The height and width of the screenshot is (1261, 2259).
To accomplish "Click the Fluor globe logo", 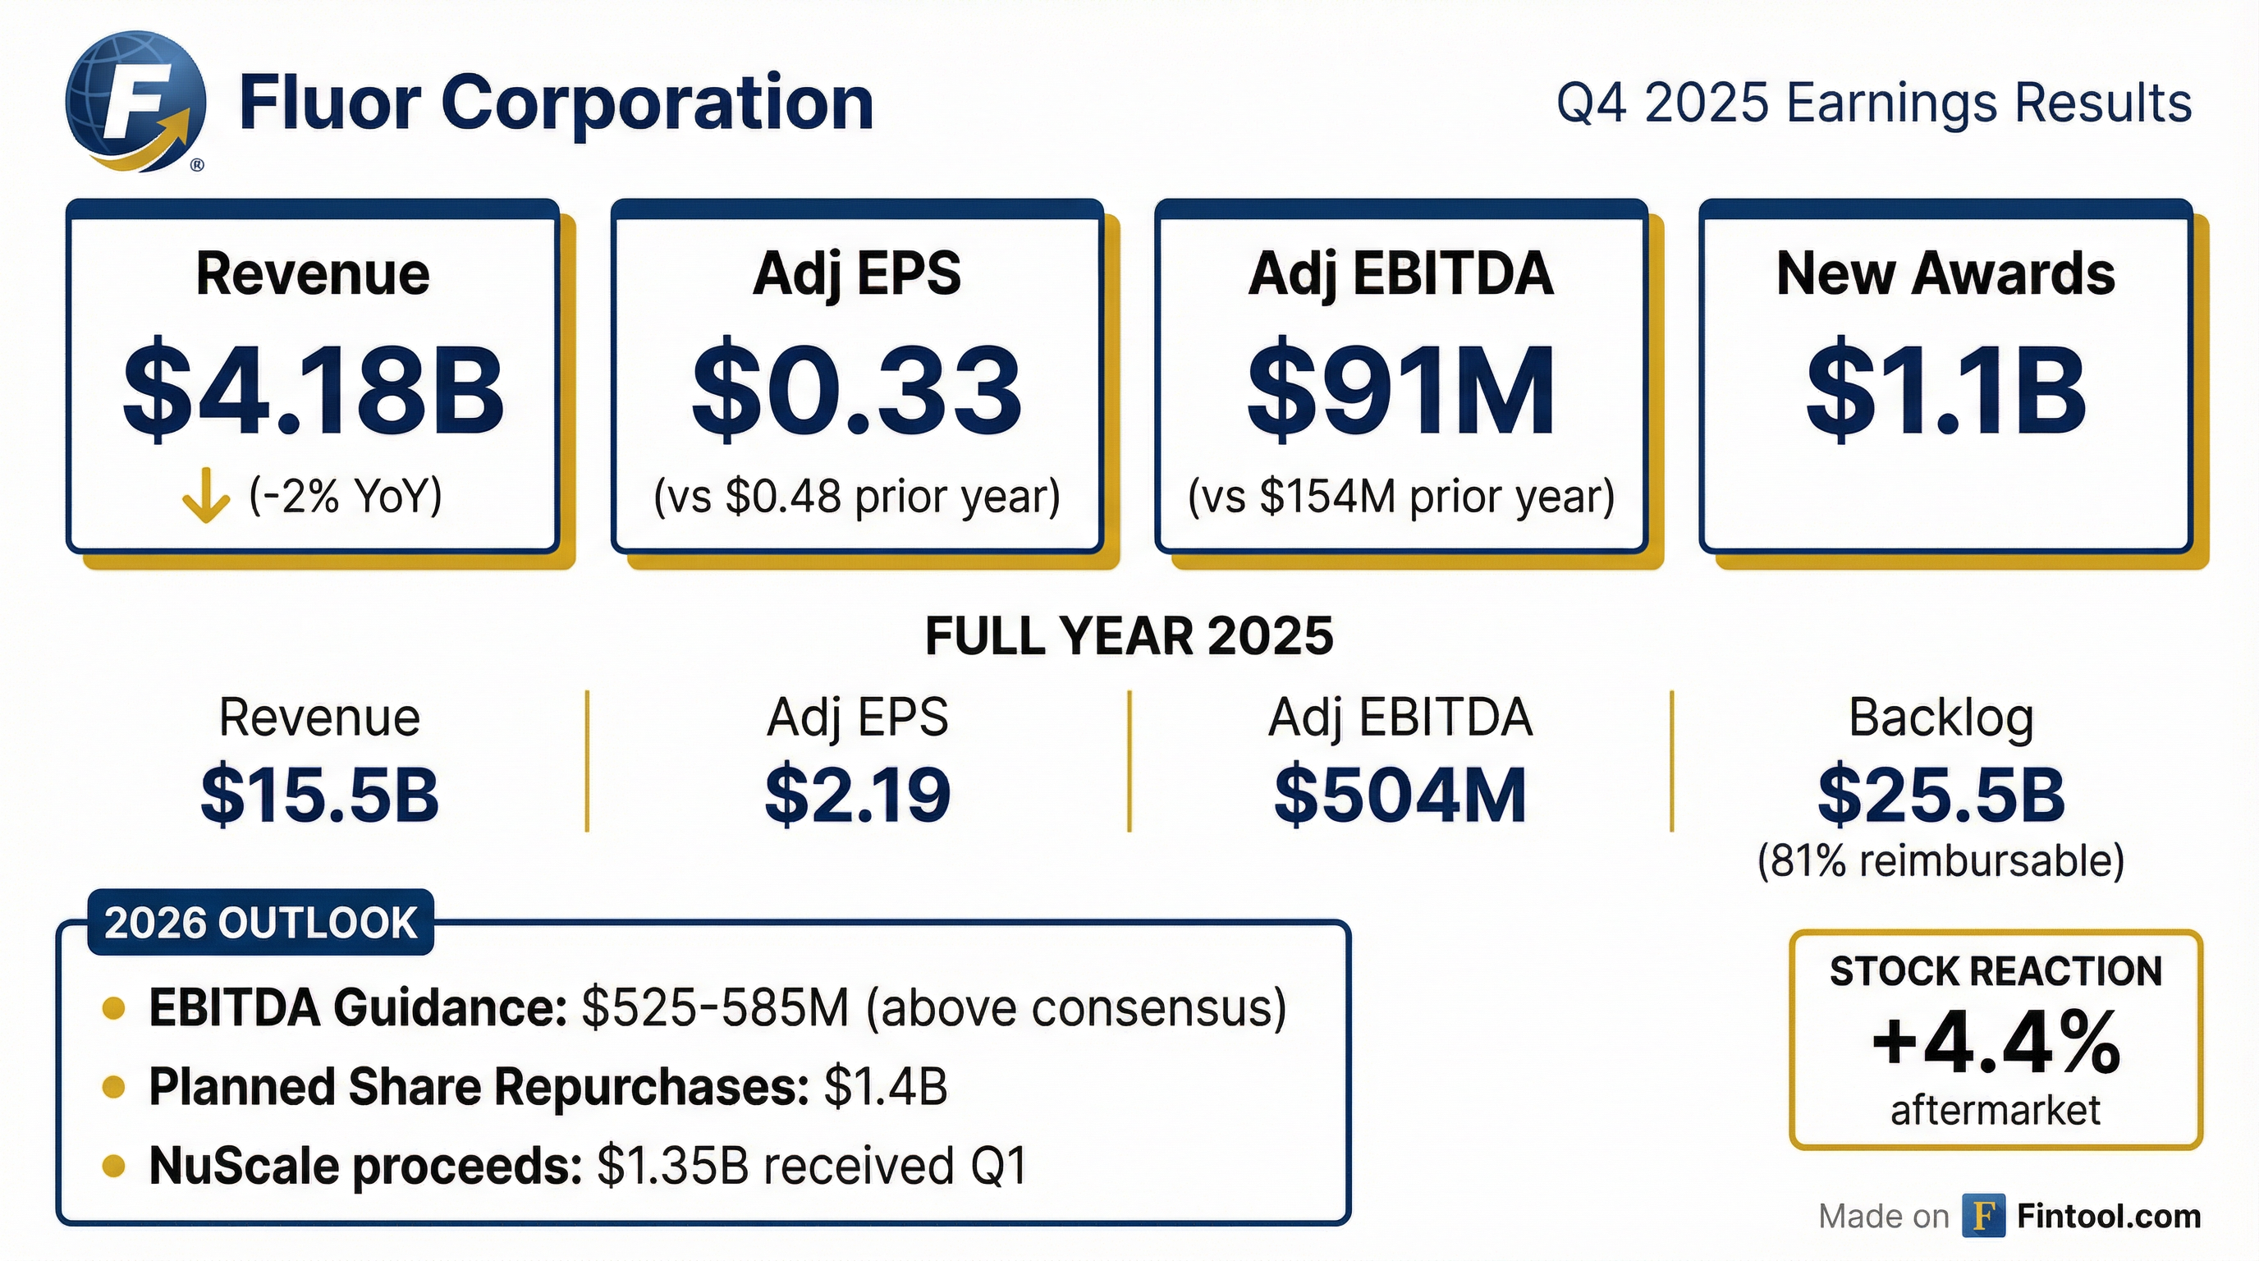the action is tap(136, 101).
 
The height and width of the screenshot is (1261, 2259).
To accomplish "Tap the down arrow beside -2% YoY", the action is tap(206, 496).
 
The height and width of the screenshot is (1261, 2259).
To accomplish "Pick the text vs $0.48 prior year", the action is tap(857, 498).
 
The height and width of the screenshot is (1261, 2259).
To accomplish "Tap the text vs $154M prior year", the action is tap(1400, 498).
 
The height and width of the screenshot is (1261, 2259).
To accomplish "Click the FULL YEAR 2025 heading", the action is tap(1129, 635).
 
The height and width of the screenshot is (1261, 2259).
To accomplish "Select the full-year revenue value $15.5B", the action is tap(319, 795).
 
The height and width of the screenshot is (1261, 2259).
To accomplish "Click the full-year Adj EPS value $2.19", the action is tap(857, 795).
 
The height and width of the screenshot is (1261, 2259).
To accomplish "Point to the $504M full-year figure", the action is tap(1400, 795).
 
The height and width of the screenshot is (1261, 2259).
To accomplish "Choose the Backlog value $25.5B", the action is tap(1941, 795).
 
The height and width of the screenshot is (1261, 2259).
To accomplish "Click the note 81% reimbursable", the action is tap(1941, 861).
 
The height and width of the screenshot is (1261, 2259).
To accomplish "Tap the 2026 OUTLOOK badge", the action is tap(260, 923).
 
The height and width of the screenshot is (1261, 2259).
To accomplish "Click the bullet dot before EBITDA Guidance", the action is tap(113, 1008).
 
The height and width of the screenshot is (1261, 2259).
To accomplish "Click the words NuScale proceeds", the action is tap(365, 1167).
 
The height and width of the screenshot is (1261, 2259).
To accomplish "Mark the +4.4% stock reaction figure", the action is tap(1996, 1043).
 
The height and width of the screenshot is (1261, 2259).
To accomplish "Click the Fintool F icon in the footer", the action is tap(1984, 1215).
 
